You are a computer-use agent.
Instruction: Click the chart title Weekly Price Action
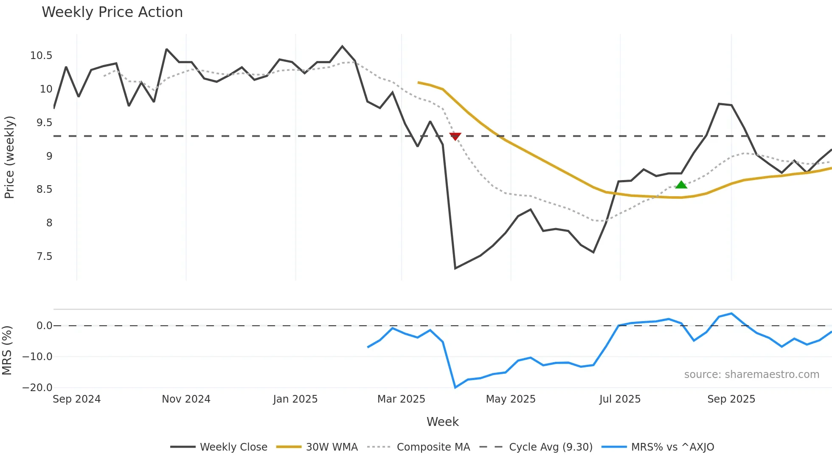point(112,12)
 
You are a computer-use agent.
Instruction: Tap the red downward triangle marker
point(455,136)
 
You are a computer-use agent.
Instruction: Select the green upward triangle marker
point(681,185)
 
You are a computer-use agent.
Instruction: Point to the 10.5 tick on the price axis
point(41,56)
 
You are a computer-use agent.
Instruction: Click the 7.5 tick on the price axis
point(44,257)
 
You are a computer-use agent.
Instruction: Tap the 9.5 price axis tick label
point(44,123)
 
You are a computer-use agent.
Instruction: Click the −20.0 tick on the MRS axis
point(37,388)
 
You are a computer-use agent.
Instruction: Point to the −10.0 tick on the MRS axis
point(37,357)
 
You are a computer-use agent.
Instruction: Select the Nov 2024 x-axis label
point(186,399)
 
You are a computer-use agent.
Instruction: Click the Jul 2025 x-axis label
point(620,399)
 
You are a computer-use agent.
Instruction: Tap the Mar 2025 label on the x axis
point(401,399)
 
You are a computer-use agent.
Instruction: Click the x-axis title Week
point(442,422)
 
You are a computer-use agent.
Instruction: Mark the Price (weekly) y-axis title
point(9,157)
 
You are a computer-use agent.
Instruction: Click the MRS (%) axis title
point(7,350)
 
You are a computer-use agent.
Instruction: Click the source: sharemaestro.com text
point(751,375)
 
